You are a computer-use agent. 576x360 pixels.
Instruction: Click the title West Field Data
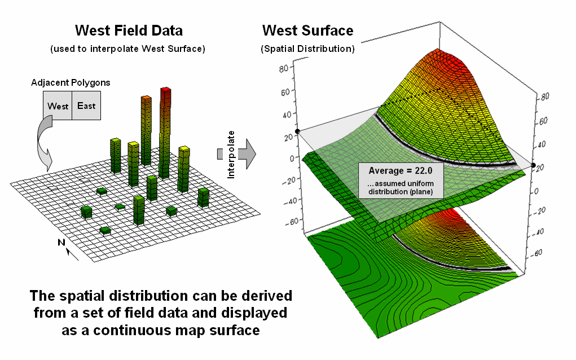coord(129,30)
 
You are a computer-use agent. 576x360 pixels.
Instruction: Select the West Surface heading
coord(308,30)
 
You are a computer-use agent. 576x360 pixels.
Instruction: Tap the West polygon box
coord(58,106)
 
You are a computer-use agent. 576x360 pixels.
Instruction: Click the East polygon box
coord(86,106)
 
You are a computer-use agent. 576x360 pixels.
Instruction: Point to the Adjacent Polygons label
coord(71,82)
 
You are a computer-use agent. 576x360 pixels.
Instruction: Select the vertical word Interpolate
coord(231,155)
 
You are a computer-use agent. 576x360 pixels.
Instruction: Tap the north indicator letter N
coord(61,243)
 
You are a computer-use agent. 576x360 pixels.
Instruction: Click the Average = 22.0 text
coord(401,171)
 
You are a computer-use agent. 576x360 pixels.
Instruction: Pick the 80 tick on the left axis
coord(284,68)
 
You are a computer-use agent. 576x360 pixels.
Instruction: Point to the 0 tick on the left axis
coord(292,159)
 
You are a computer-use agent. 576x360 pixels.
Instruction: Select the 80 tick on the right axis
coord(545,96)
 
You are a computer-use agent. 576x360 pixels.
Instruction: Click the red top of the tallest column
coord(166,90)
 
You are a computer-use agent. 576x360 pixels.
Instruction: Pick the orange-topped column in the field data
coord(146,130)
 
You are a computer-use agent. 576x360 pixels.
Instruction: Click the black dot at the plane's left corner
coord(297,131)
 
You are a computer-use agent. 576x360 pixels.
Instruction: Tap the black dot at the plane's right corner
coord(533,165)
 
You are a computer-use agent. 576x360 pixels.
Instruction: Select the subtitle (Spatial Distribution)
coord(308,49)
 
